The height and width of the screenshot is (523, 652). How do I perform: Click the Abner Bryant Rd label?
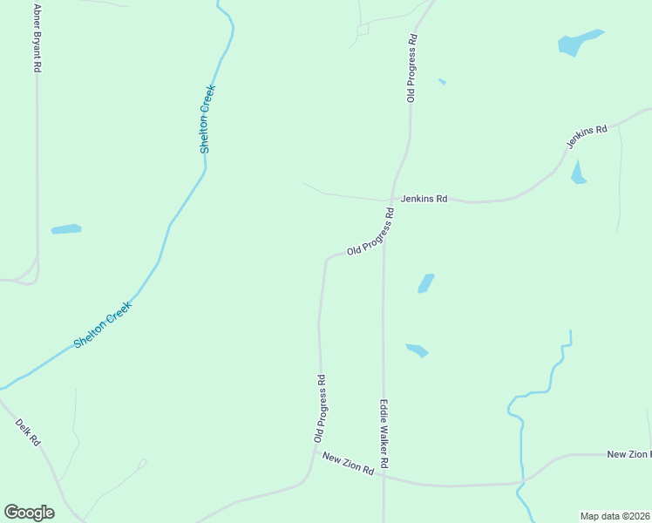[x=37, y=37]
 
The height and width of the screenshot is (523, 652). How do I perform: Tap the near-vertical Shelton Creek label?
[x=207, y=119]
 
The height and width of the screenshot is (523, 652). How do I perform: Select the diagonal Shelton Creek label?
[x=102, y=325]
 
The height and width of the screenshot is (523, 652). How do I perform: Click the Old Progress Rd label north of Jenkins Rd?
[x=411, y=69]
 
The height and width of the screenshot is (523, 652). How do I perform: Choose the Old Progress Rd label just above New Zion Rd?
[x=321, y=409]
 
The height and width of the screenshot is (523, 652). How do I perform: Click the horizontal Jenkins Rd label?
[x=424, y=199]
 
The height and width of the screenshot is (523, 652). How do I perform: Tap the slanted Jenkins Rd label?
[x=587, y=137]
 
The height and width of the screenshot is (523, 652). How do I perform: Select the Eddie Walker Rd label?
[x=383, y=432]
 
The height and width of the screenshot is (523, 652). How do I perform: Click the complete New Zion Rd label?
[x=348, y=463]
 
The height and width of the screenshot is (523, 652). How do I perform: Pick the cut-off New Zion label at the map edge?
[x=628, y=454]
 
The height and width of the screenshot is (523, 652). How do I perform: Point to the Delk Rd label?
[x=28, y=432]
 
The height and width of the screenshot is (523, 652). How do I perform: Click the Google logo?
[x=29, y=513]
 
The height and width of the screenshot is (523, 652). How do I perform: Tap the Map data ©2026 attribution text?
[x=615, y=515]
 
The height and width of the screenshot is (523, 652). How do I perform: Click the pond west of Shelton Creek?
[x=66, y=229]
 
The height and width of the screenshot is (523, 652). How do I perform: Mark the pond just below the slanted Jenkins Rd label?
[x=578, y=173]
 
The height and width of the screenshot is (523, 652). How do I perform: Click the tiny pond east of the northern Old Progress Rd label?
[x=442, y=82]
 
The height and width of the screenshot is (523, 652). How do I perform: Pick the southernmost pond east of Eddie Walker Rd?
[x=417, y=350]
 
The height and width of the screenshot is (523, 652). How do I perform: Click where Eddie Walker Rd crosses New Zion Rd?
[x=384, y=477]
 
